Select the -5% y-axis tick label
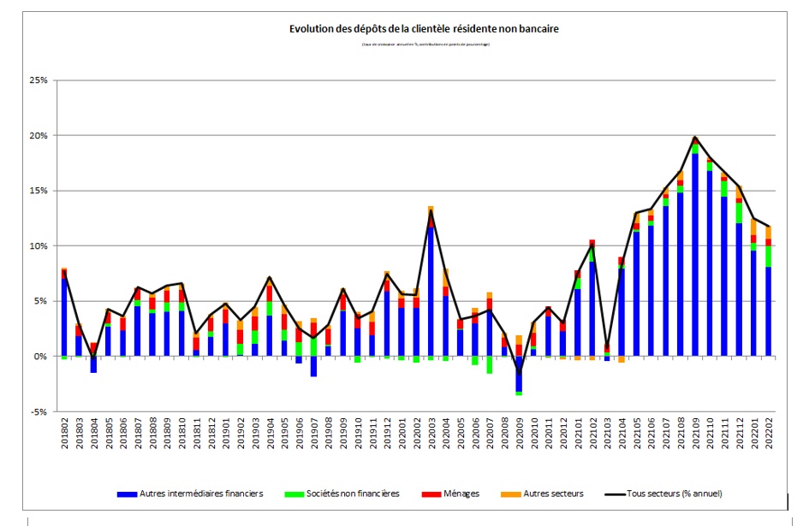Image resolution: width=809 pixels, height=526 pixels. click(39, 411)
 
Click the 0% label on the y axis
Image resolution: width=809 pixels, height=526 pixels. click(40, 357)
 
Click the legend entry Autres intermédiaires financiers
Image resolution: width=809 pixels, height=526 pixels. click(192, 493)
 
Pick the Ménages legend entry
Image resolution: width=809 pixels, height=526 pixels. click(454, 493)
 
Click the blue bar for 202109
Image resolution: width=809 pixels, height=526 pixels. click(695, 257)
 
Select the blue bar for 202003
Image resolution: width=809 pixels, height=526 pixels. click(431, 291)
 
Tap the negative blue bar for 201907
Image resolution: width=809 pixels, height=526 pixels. click(313, 366)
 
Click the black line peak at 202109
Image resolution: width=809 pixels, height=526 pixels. click(695, 137)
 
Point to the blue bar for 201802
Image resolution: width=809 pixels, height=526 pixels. click(63, 316)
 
